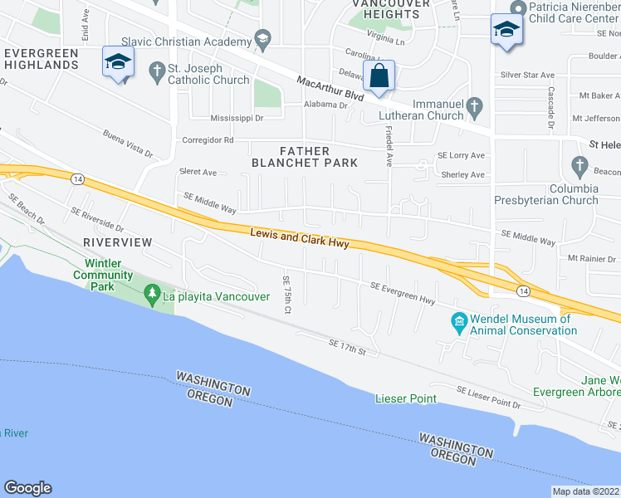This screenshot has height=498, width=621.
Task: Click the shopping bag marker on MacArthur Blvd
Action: [x=379, y=76]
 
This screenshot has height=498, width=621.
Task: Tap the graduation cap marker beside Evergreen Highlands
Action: [x=118, y=63]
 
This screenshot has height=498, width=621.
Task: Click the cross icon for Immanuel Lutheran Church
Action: [x=474, y=106]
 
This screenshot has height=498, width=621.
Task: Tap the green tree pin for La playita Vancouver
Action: [x=151, y=294]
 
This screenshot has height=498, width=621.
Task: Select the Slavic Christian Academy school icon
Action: [x=263, y=39]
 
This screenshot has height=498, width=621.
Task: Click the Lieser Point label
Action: [x=406, y=398]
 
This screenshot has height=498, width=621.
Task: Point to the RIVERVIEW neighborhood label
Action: [x=118, y=242]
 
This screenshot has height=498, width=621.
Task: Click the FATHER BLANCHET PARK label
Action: [x=305, y=156]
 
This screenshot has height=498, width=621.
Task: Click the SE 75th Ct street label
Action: [x=286, y=295]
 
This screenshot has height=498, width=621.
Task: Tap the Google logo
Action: [x=27, y=487]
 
